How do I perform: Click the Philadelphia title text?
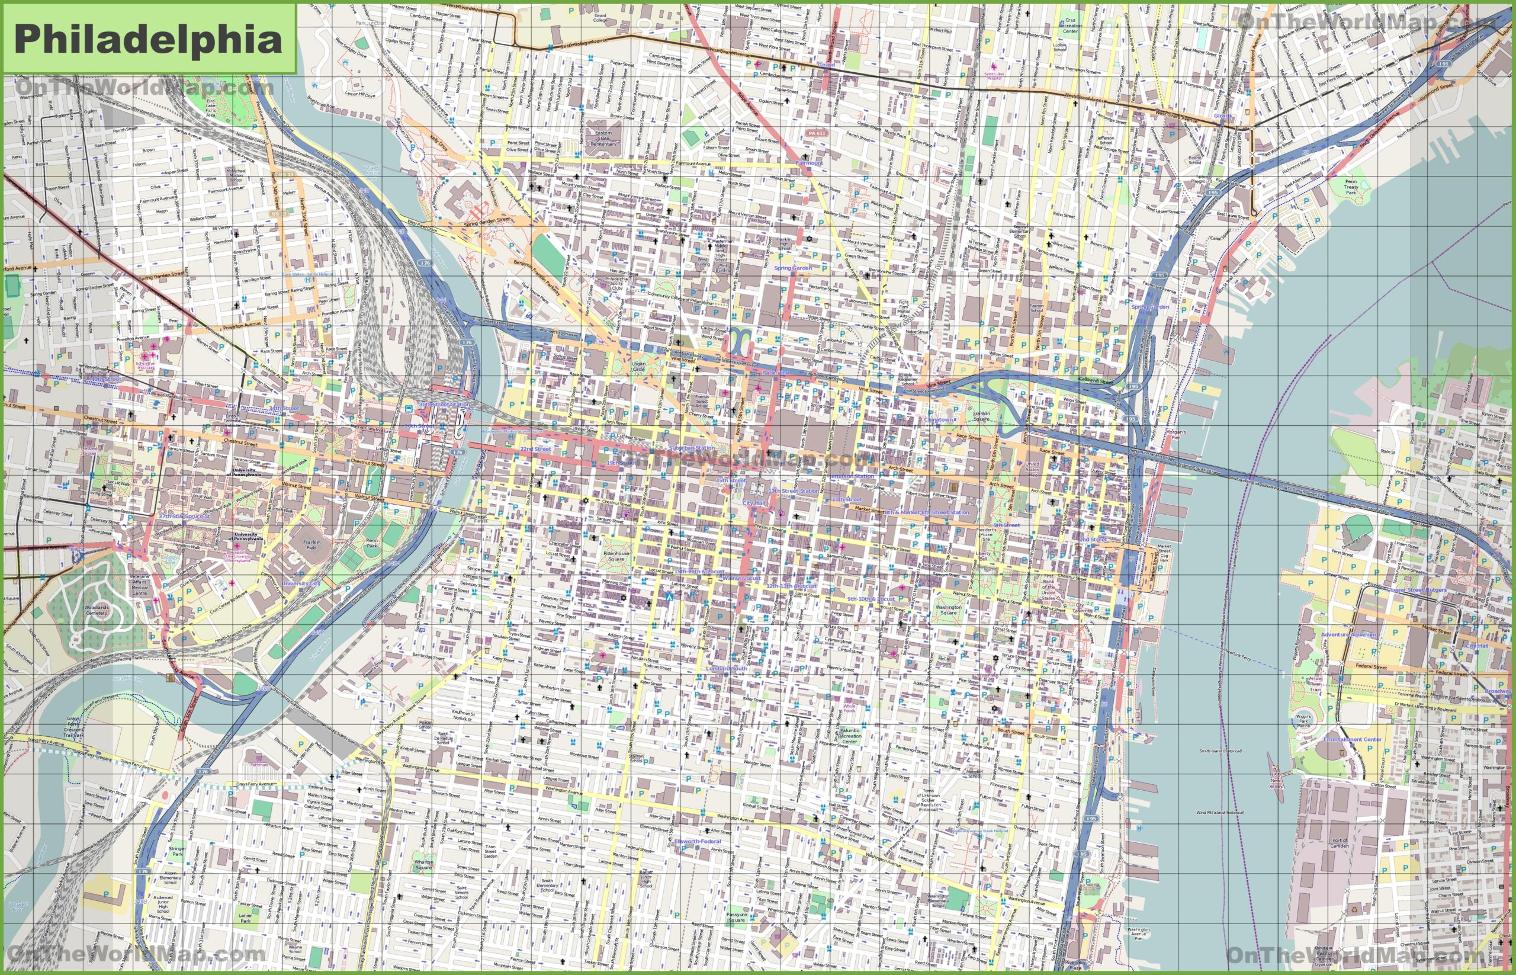coord(148,39)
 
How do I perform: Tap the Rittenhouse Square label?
coord(616,556)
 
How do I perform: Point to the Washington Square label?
coord(948,610)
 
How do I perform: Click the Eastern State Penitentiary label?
coord(603,138)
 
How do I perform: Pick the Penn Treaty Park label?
coord(1351,186)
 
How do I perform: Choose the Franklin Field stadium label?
coord(311,544)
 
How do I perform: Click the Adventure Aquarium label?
coord(1348,634)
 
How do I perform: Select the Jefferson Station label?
coord(852,476)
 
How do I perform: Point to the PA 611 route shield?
coord(817,134)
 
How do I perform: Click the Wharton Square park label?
coord(423,864)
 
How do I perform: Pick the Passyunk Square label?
coord(736,917)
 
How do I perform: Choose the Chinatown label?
coord(939,419)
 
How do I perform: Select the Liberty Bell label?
coord(983,556)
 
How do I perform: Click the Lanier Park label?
coord(246,918)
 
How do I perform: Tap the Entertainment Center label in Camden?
coord(1352,739)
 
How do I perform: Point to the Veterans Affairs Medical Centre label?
coord(140,585)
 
